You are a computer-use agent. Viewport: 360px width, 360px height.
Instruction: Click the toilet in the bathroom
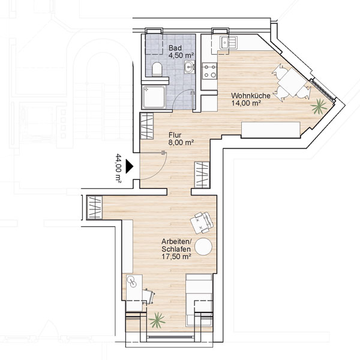157,69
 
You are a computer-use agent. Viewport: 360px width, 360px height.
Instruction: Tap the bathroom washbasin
190,67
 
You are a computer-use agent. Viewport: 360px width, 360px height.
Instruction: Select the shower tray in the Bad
154,97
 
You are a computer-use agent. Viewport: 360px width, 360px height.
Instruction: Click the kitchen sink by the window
227,43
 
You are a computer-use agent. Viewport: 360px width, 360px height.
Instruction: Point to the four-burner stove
209,71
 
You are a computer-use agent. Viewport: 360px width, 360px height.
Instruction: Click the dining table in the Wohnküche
292,82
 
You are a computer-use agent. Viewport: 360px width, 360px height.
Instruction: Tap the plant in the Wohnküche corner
319,106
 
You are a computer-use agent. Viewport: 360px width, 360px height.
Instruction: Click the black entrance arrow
129,166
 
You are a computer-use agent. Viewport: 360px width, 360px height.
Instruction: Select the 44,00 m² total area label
118,168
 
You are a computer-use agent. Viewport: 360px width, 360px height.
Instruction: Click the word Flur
175,135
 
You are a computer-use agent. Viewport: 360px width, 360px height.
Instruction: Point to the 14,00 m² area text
246,103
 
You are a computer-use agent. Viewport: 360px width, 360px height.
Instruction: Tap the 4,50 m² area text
181,55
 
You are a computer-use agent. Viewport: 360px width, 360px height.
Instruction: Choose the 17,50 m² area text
176,256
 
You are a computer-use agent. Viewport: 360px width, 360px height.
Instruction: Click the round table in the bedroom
203,247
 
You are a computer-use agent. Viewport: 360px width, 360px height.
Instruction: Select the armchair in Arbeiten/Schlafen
202,223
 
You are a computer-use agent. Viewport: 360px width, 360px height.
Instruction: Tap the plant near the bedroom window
157,320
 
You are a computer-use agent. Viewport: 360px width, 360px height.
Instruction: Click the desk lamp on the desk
132,281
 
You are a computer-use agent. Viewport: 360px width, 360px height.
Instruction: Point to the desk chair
149,296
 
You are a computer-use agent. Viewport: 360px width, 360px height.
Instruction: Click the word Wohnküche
251,95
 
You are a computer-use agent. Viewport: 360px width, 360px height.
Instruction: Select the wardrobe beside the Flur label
147,126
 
